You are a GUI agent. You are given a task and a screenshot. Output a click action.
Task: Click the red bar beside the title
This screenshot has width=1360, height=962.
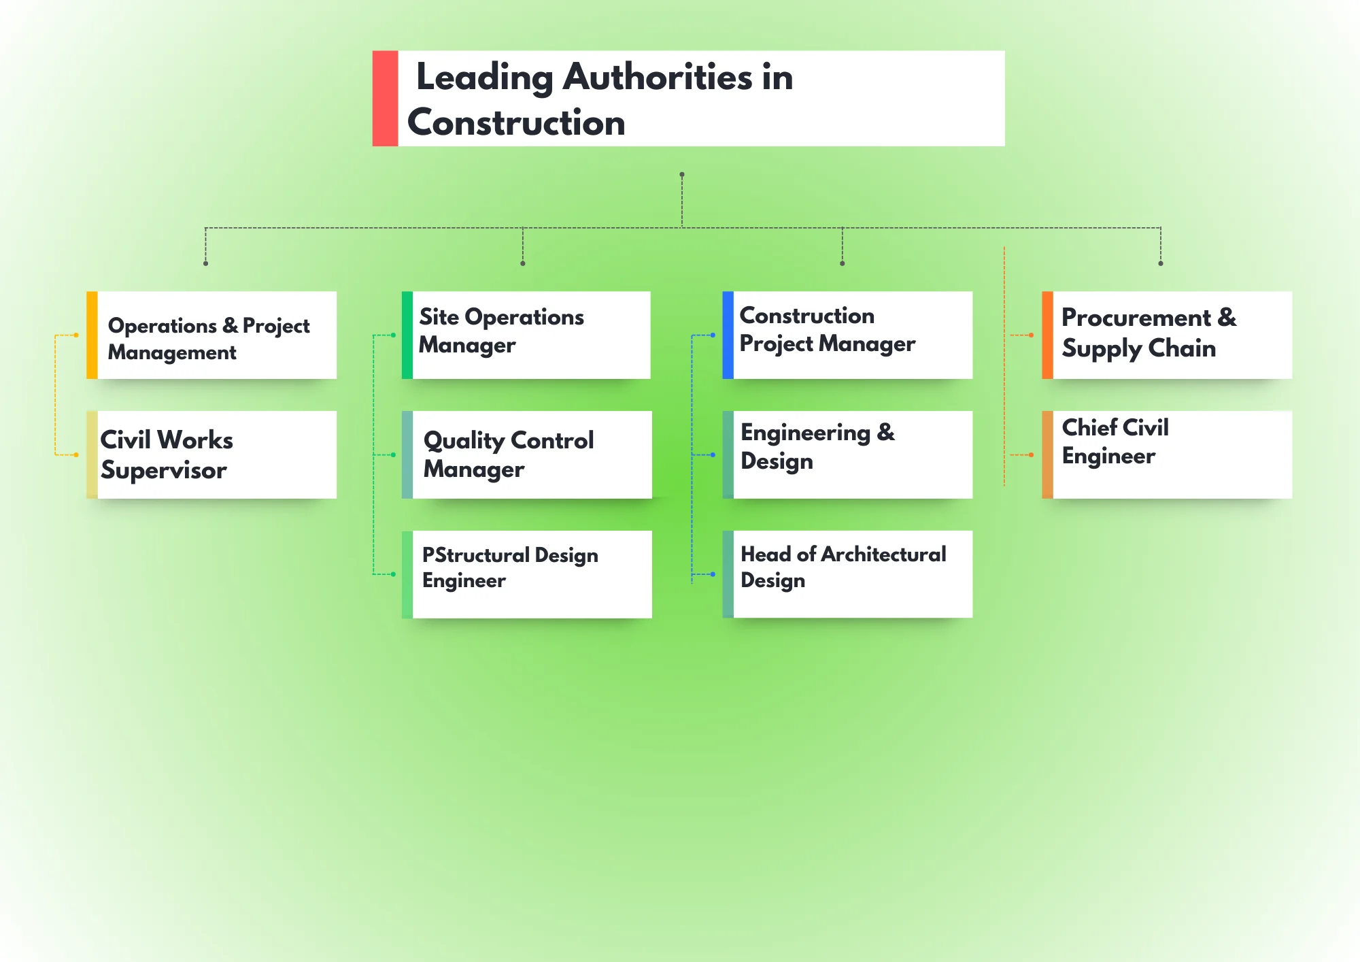pos(385,99)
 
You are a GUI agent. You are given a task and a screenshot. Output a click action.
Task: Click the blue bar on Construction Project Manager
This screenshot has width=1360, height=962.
pos(728,335)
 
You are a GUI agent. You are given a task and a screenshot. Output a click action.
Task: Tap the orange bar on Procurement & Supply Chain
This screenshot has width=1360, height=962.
pos(1047,335)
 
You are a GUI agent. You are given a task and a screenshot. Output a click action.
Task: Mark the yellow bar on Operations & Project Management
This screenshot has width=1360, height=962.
pos(92,335)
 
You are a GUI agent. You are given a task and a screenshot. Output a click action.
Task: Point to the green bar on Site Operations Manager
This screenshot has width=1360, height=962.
pos(407,335)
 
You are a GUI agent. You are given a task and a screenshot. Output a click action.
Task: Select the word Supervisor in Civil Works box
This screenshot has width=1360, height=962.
pos(164,470)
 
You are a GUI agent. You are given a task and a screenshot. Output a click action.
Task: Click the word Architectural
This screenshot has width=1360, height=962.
pos(883,554)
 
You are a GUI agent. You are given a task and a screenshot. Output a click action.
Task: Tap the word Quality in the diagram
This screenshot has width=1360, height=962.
pos(463,441)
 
